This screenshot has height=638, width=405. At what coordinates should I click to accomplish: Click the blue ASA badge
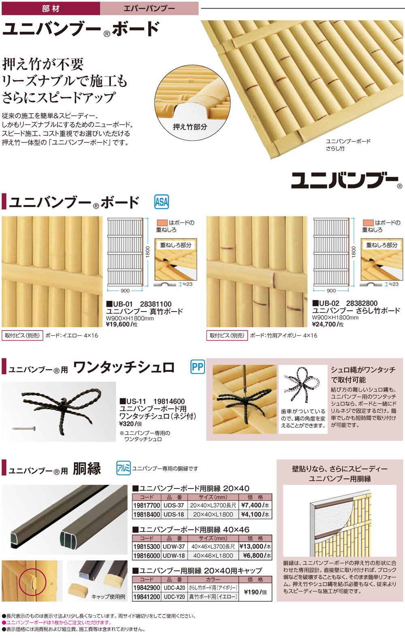click(x=162, y=201)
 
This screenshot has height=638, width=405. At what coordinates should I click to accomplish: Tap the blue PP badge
click(x=197, y=367)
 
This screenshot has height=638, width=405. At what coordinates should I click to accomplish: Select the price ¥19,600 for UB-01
click(x=118, y=324)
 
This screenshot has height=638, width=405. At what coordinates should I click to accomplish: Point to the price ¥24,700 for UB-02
click(x=324, y=324)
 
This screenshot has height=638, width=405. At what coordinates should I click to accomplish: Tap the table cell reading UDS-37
click(x=174, y=506)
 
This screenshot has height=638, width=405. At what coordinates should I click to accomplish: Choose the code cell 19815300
click(x=147, y=546)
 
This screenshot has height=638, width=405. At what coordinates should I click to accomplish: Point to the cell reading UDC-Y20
click(x=174, y=597)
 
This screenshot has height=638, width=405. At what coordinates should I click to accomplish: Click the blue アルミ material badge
click(x=124, y=468)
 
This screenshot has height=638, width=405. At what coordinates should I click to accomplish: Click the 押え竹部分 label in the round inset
click(x=190, y=127)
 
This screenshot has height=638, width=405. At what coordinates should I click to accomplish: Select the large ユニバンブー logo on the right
click(x=344, y=180)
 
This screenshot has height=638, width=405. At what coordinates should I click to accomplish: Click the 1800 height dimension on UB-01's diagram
click(x=148, y=251)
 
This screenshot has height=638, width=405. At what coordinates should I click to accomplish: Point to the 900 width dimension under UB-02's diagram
click(x=331, y=290)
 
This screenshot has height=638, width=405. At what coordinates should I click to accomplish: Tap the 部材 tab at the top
click(x=51, y=8)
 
